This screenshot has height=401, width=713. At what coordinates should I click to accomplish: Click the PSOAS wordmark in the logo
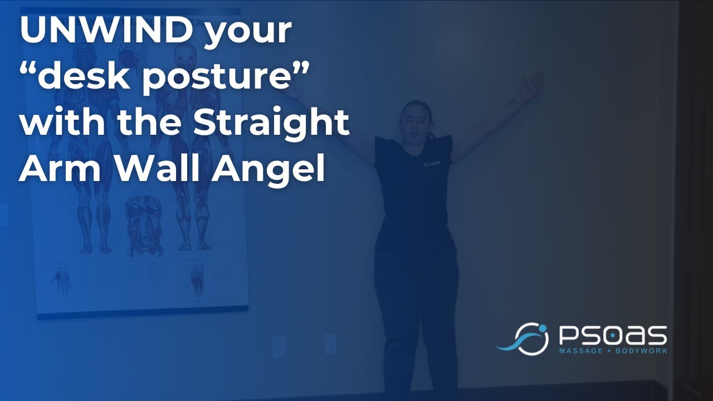tap(612, 336)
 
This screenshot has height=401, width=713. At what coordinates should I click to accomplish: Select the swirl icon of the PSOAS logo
tap(523, 338)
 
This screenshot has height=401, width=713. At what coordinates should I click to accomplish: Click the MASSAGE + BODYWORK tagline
tap(612, 351)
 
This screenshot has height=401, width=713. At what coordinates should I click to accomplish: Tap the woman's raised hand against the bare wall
tap(529, 86)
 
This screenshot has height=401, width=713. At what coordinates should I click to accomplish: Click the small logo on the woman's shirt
tap(427, 164)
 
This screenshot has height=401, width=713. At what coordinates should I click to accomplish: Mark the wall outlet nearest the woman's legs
tap(330, 344)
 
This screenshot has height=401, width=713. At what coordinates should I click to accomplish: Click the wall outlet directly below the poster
tap(279, 346)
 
